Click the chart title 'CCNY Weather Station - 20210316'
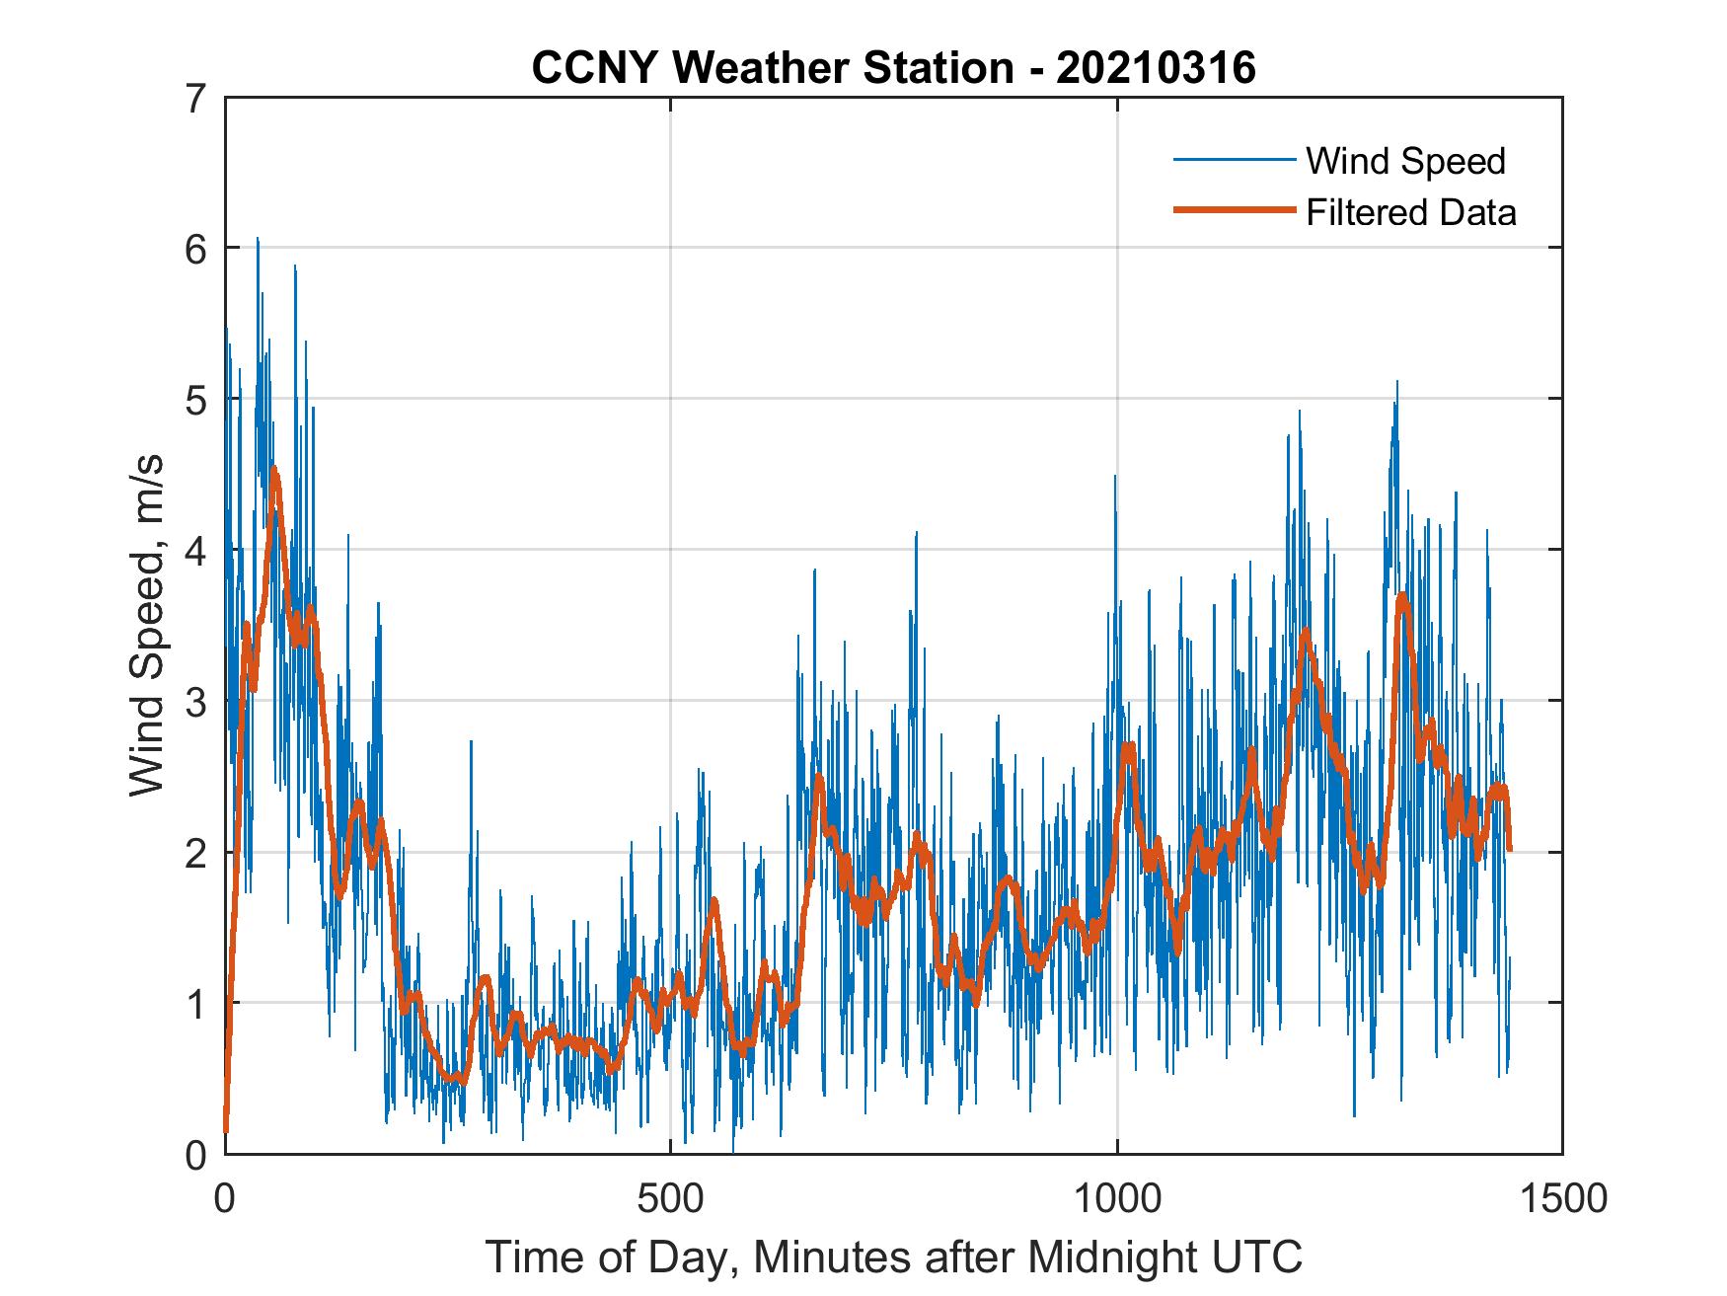[x=893, y=67]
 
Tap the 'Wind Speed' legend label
[x=1405, y=161]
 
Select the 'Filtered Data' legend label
[x=1411, y=212]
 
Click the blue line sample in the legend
[x=1234, y=160]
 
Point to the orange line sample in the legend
[x=1234, y=210]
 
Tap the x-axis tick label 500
[x=670, y=1198]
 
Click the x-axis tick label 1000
[x=1116, y=1198]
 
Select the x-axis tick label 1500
[x=1562, y=1198]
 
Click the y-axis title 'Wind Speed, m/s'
[x=147, y=626]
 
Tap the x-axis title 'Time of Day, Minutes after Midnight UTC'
[x=894, y=1258]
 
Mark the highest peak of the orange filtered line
[x=273, y=470]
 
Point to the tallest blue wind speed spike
[x=258, y=239]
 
